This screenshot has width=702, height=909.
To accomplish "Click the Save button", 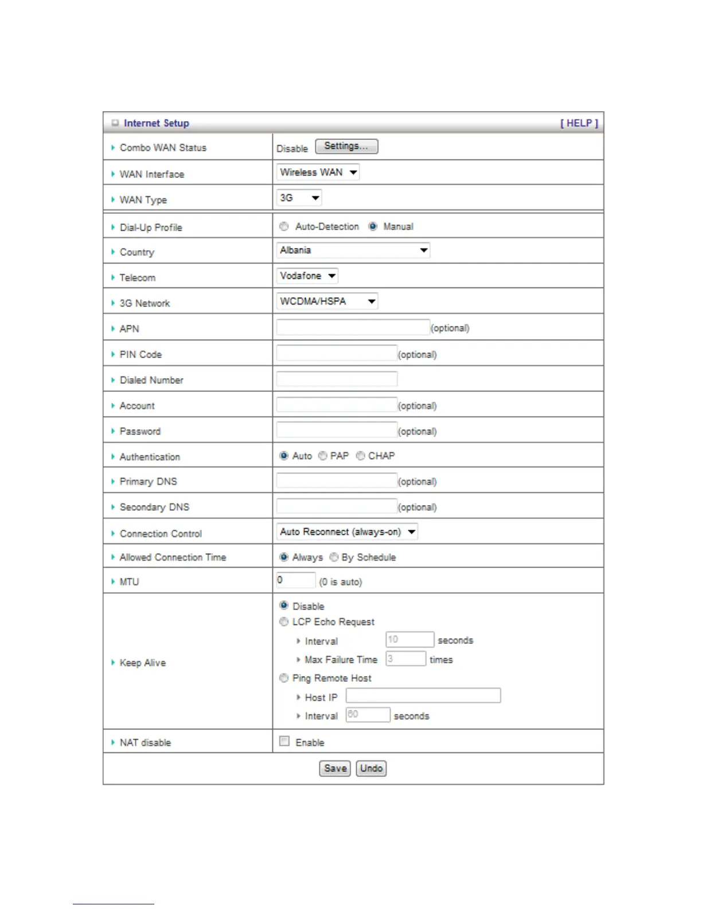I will [x=335, y=768].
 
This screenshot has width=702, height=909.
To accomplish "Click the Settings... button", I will [x=346, y=146].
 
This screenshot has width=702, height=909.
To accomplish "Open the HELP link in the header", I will [x=579, y=123].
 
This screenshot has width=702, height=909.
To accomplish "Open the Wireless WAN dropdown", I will [x=318, y=172].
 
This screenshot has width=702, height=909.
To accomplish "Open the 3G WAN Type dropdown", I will [x=299, y=198].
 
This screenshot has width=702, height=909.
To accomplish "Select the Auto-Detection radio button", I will [x=284, y=227].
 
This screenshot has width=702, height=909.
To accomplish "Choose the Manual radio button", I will [x=373, y=227].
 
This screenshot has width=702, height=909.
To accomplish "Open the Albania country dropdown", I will [x=353, y=250].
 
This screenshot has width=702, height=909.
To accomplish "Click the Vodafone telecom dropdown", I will [x=307, y=276].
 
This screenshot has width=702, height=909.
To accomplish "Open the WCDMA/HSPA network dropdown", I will [x=327, y=301].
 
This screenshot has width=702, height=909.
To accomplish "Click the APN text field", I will [x=353, y=328].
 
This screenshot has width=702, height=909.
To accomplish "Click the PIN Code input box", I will [x=337, y=353].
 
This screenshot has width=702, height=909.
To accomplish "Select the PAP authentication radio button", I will [x=323, y=456].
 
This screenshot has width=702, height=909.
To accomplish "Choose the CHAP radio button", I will [x=361, y=456].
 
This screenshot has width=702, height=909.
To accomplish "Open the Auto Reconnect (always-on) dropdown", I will [x=347, y=532].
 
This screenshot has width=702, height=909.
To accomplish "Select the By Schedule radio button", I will [x=334, y=557].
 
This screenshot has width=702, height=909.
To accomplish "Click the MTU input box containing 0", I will [x=295, y=580].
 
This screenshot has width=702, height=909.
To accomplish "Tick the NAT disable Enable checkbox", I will [x=284, y=741].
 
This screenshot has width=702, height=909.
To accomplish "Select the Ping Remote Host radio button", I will [x=284, y=678].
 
